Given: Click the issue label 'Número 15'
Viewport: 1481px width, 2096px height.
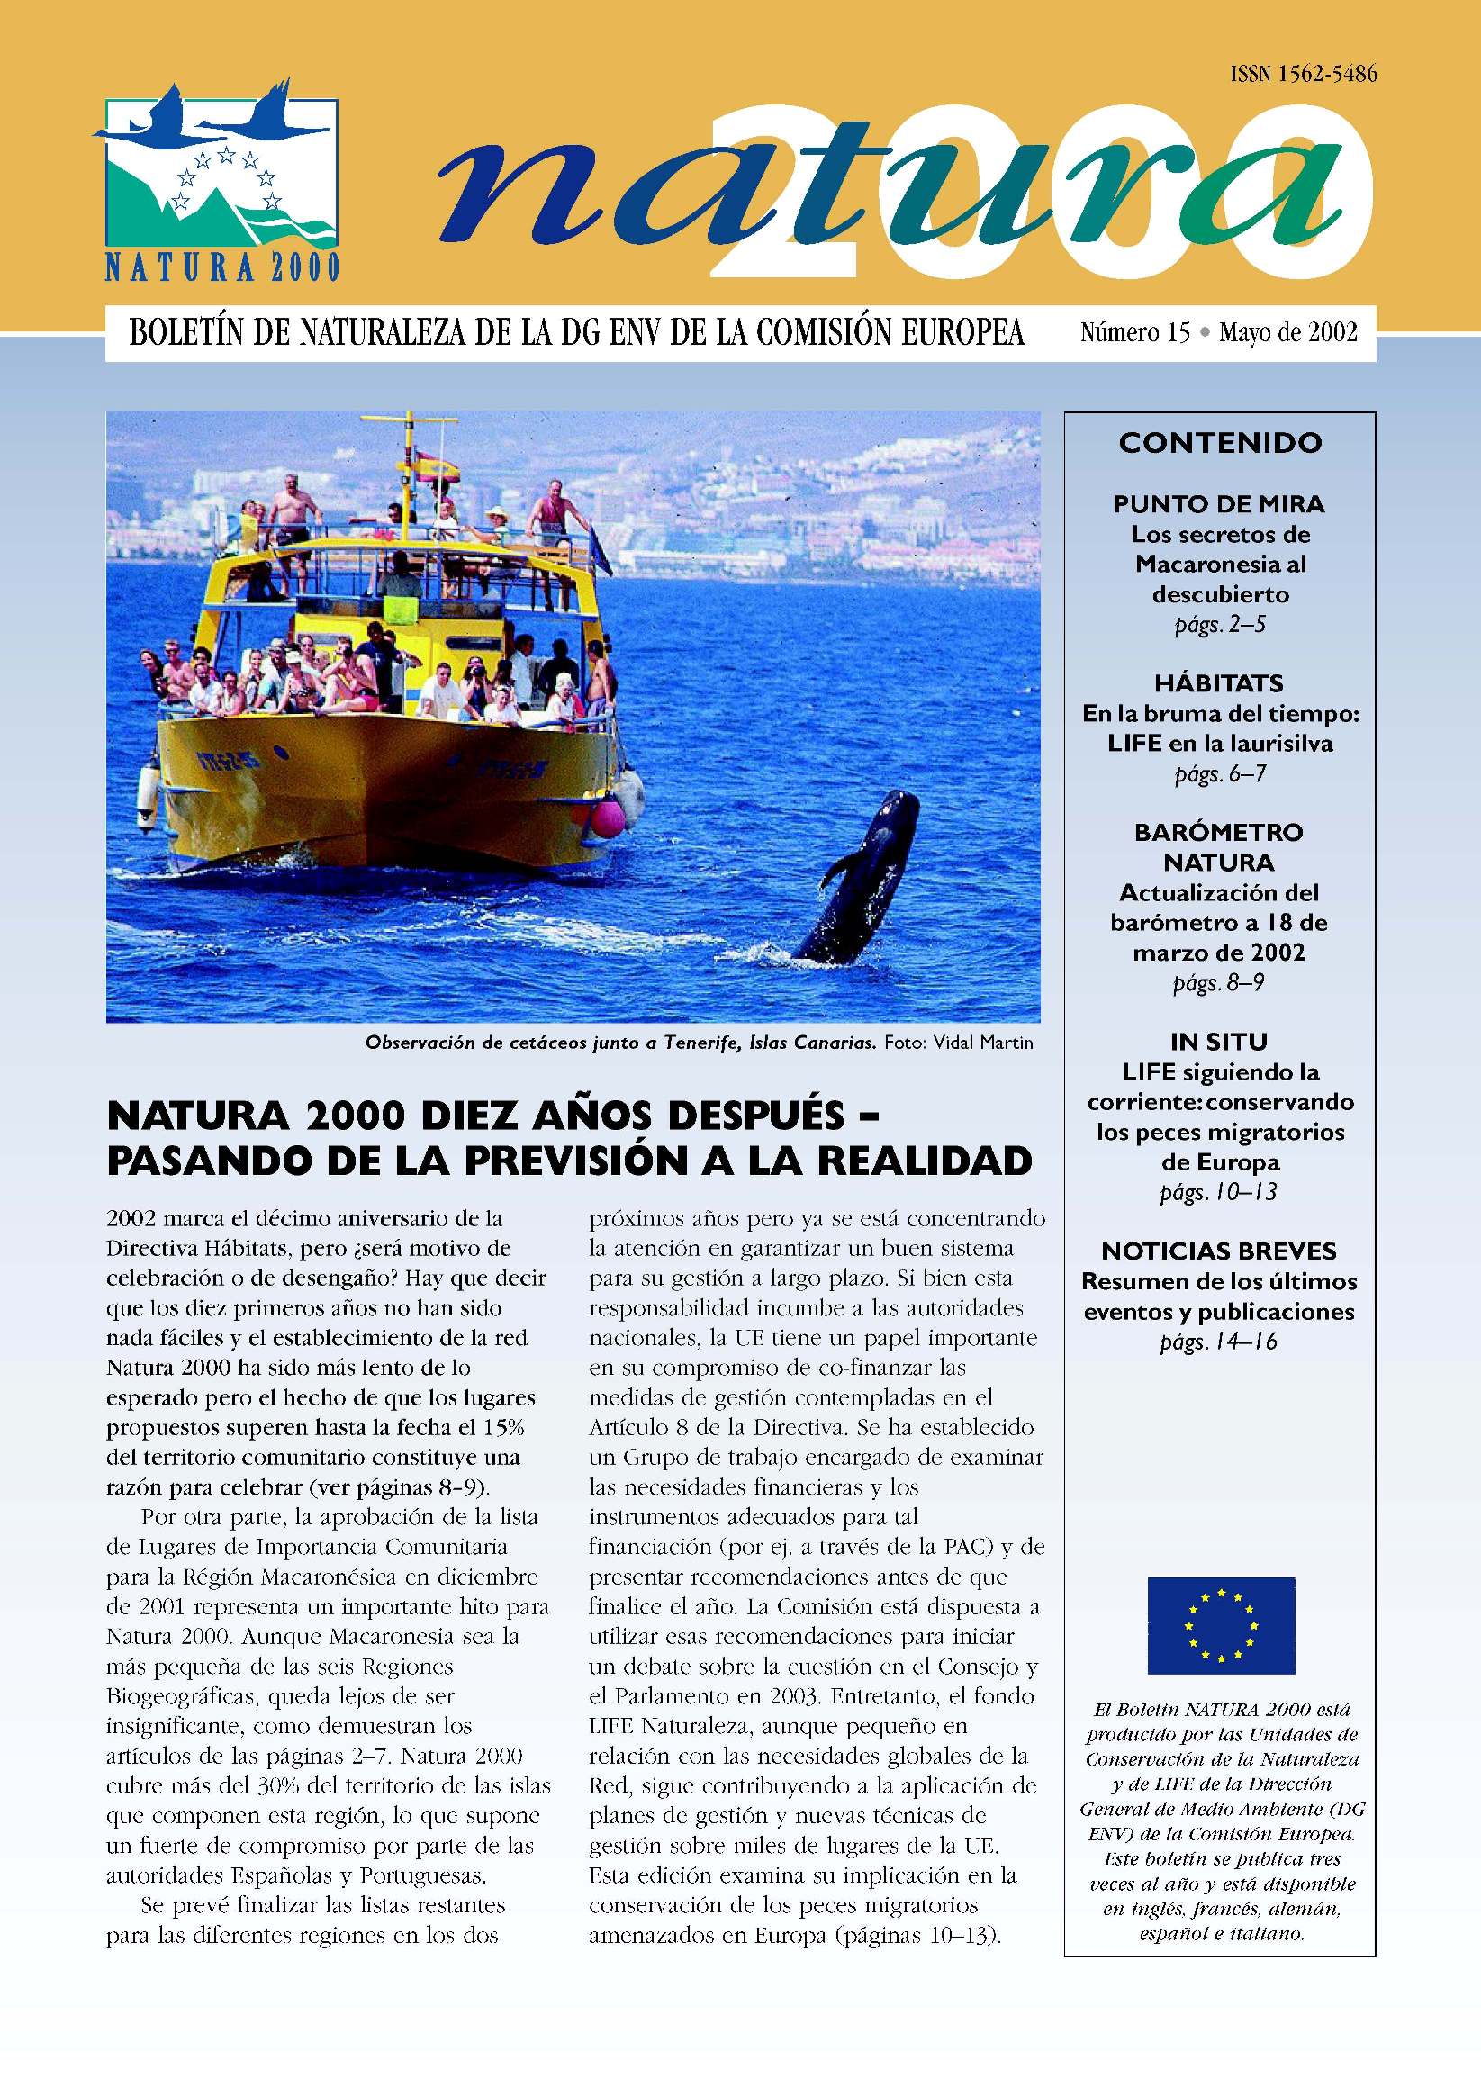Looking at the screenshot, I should pyautogui.click(x=1135, y=332).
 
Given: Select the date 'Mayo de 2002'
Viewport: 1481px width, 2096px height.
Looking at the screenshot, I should pyautogui.click(x=1287, y=332).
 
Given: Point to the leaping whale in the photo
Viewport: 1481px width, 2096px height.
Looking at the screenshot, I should pyautogui.click(x=862, y=877).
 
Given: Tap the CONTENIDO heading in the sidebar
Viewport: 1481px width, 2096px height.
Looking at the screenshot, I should pyautogui.click(x=1220, y=443).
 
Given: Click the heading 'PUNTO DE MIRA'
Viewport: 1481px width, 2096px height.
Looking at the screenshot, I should pyautogui.click(x=1219, y=504).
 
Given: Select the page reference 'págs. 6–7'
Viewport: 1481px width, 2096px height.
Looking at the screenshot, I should pyautogui.click(x=1219, y=775).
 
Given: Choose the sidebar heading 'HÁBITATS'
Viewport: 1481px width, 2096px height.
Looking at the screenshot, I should pyautogui.click(x=1219, y=682).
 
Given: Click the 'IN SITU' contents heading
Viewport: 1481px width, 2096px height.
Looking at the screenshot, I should pyautogui.click(x=1219, y=1042).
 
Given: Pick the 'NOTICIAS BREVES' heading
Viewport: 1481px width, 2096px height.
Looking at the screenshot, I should pyautogui.click(x=1219, y=1251).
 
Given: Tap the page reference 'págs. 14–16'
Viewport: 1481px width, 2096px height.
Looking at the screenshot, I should pyautogui.click(x=1219, y=1342).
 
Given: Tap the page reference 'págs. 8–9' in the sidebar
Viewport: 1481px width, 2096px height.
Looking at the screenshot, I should pyautogui.click(x=1219, y=984).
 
